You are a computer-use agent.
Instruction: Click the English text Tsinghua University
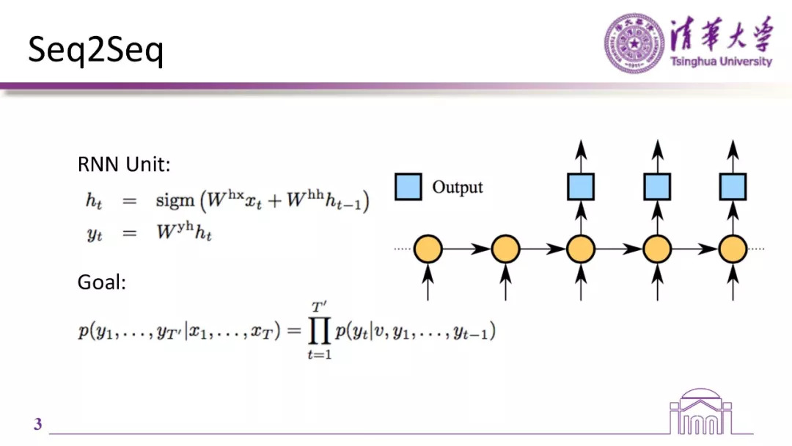pyautogui.click(x=721, y=62)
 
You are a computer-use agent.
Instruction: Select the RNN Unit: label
pyautogui.click(x=124, y=165)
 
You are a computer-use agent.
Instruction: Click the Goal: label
pyautogui.click(x=102, y=282)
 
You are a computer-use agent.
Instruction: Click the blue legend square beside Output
pyautogui.click(x=408, y=186)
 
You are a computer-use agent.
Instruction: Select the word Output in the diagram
pyautogui.click(x=458, y=187)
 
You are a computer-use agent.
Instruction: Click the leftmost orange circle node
pyautogui.click(x=428, y=250)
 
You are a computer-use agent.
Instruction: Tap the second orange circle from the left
pyautogui.click(x=505, y=250)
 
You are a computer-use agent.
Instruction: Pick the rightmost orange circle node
pyautogui.click(x=732, y=250)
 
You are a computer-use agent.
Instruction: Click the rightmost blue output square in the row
pyautogui.click(x=732, y=186)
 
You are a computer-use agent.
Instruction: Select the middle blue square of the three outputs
pyautogui.click(x=657, y=186)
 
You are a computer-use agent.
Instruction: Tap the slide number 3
pyautogui.click(x=38, y=425)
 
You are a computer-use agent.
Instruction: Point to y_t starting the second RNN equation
pyautogui.click(x=95, y=235)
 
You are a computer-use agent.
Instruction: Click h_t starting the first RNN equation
pyautogui.click(x=95, y=202)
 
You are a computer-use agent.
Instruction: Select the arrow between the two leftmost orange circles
pyautogui.click(x=466, y=250)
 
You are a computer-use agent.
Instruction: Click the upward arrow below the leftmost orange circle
pyautogui.click(x=428, y=282)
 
